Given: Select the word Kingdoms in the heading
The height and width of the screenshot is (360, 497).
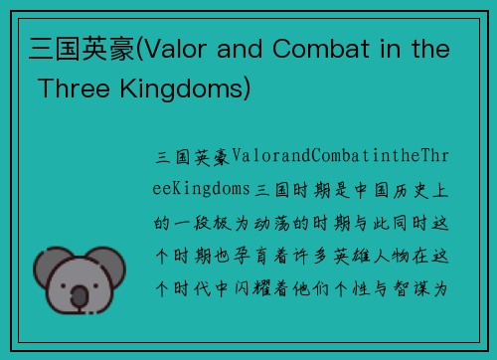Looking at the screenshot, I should [193, 90].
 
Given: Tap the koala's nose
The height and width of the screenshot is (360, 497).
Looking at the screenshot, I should [79, 292].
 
